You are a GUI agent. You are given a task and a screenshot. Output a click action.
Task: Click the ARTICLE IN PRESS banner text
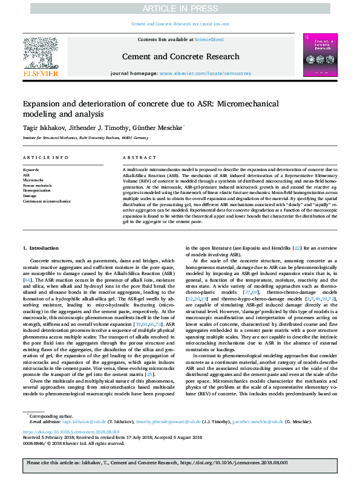[180, 8]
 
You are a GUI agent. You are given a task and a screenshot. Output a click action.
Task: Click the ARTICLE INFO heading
[45, 157]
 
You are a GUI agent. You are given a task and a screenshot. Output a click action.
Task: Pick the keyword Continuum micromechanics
[47, 201]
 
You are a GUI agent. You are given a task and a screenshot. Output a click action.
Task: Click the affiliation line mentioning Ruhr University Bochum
[85, 138]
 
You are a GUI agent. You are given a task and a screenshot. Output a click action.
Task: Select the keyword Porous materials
[37, 185]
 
